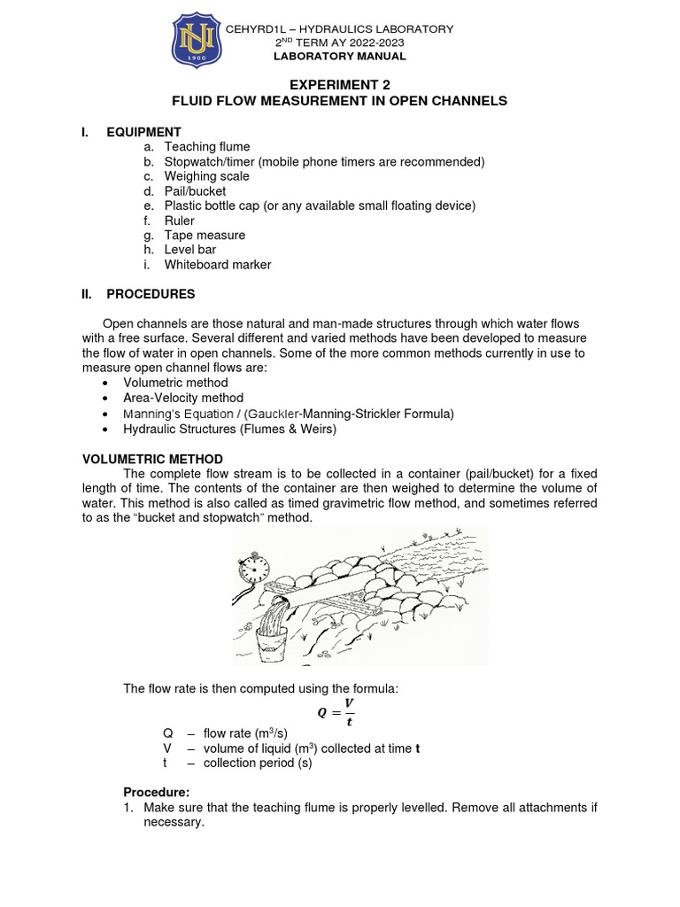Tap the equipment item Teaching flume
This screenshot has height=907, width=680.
coord(207,147)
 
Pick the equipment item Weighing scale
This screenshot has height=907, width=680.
coord(206,176)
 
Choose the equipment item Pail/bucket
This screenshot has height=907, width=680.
coord(195,191)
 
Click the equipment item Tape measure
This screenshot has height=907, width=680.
coord(205,236)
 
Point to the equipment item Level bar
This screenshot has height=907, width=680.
coord(189,250)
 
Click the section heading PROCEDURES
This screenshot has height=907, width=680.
coord(151,294)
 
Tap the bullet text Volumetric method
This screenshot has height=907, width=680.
coord(175,384)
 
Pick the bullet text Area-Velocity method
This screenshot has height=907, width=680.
coord(183,399)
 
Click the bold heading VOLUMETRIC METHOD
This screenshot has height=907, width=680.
coord(152,459)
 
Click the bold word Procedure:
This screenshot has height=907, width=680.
coord(157,792)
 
